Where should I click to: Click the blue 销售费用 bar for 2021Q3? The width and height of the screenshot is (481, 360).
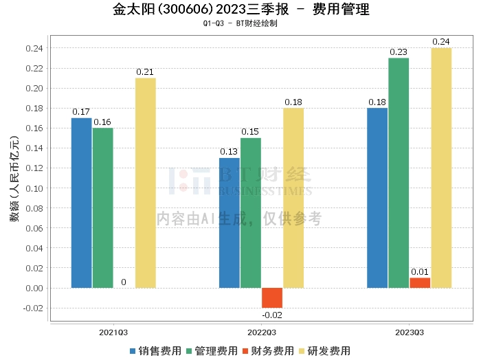tap(82, 203)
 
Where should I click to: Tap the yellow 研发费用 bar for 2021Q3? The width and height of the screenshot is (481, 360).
tap(145, 183)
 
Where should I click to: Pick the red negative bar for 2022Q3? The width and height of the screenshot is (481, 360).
tap(272, 297)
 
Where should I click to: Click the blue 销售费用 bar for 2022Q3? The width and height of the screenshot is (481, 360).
tap(230, 223)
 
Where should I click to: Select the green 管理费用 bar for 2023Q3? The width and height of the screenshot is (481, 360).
tap(399, 172)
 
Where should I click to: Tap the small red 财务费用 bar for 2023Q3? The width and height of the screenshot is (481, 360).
tap(420, 282)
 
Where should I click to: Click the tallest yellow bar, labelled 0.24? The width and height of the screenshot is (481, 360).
tap(441, 168)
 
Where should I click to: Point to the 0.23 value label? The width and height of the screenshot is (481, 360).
tap(399, 52)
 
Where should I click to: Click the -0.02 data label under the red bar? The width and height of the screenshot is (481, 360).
tap(272, 315)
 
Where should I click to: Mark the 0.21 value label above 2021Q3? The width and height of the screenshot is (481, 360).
tap(145, 72)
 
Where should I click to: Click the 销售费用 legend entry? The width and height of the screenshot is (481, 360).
tap(155, 350)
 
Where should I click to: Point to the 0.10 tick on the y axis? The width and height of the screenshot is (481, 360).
tap(34, 188)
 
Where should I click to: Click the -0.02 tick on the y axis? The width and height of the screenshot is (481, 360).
tap(32, 308)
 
